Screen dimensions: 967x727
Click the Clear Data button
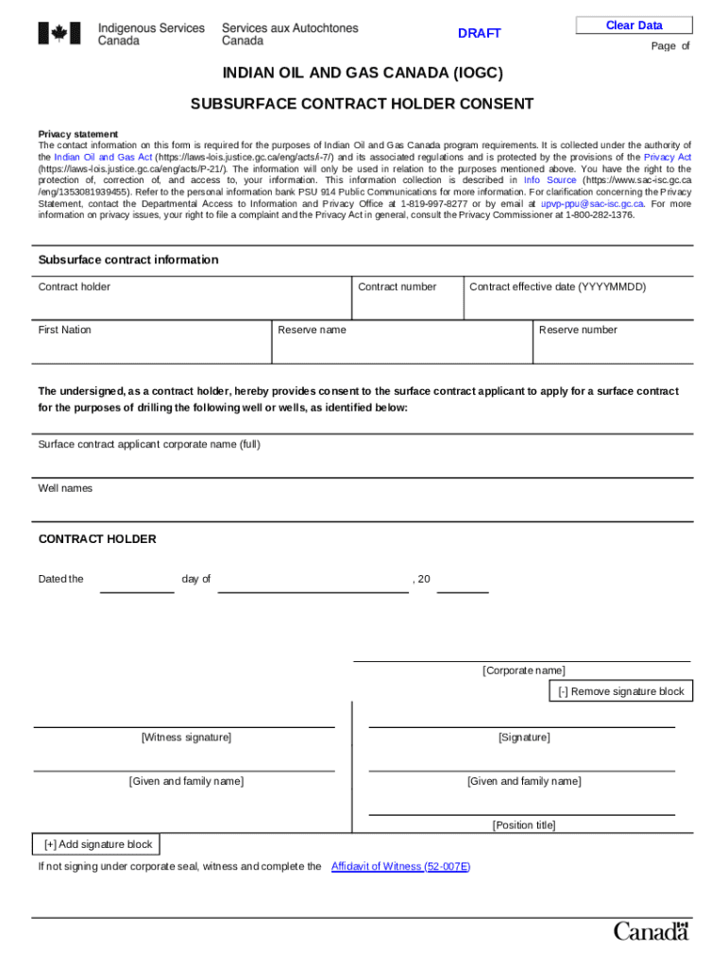634,25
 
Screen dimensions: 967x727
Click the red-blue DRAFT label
480,34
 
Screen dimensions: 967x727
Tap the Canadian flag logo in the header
59,34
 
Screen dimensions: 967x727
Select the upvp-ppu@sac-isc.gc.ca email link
592,203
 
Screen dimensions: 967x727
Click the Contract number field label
397,287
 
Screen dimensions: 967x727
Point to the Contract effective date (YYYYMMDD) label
557,287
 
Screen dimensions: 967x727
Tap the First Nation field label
64,331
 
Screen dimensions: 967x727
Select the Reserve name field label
312,331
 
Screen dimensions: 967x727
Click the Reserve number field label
577,331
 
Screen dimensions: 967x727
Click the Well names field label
65,489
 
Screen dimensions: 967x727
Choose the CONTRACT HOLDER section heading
97,539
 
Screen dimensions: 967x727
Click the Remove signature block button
620,692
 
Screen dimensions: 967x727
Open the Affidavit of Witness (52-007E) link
400,867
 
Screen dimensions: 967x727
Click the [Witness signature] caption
186,738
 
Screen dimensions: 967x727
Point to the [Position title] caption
524,825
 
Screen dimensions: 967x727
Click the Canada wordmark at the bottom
651,931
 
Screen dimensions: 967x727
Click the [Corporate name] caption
524,670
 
